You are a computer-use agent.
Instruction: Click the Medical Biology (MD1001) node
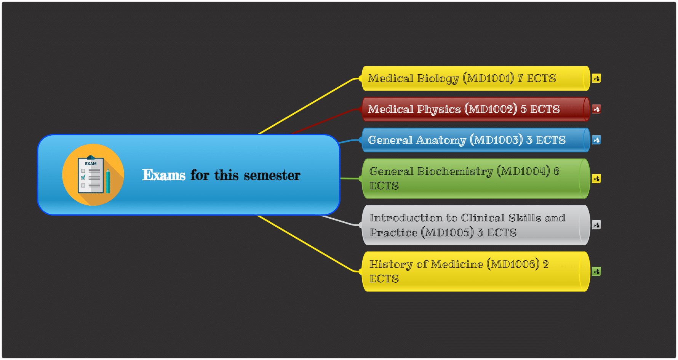475,78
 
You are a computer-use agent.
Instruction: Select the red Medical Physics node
475,109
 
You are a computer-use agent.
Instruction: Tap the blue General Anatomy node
475,140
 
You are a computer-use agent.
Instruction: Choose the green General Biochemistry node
475,179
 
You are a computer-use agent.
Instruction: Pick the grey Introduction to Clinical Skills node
475,225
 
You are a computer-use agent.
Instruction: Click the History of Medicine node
475,272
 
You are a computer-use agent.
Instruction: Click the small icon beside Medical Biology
596,78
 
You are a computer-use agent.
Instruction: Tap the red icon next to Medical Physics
596,109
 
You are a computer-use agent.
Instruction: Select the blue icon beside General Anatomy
596,140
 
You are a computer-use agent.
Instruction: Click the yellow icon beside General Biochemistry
596,179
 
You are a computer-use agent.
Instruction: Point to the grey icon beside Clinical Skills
596,225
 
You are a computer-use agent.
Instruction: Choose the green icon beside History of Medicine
596,272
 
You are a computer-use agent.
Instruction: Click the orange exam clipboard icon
93,175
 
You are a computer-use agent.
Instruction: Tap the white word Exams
164,175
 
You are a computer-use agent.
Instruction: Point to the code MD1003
496,140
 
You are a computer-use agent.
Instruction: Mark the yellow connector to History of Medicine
309,243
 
